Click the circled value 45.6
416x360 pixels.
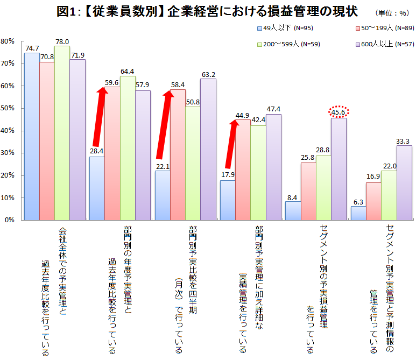tap(339, 113)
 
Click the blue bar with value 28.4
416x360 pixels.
tap(97, 188)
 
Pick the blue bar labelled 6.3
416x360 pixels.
tap(358, 213)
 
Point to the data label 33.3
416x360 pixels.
tap(404, 140)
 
